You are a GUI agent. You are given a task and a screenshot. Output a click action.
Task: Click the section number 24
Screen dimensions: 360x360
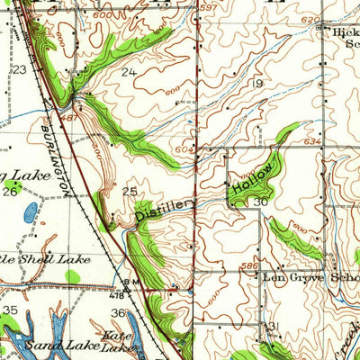[x=130, y=72]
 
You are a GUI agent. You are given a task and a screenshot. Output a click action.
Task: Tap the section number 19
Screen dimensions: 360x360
[x=257, y=83]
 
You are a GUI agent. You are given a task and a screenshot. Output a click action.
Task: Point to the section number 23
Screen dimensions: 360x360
[x=17, y=68]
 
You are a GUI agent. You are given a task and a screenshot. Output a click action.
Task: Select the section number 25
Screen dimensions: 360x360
[x=130, y=192]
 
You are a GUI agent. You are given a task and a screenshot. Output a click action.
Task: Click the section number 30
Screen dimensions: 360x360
[x=260, y=202]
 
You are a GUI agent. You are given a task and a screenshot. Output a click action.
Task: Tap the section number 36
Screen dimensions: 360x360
[x=118, y=312]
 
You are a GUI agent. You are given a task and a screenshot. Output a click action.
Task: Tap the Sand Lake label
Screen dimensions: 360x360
[x=45, y=345]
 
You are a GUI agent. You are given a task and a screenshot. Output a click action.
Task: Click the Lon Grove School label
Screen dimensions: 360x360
[x=310, y=278]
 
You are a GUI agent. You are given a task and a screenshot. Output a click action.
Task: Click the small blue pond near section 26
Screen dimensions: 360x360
[x=31, y=213]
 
